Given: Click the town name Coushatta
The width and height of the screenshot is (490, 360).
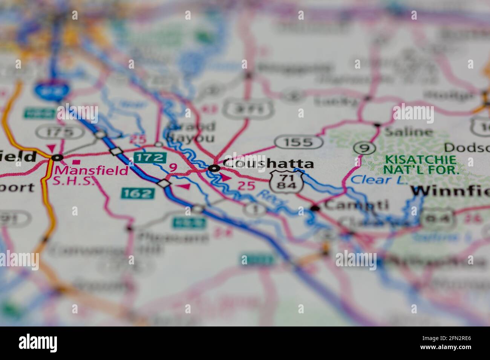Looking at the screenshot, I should pyautogui.click(x=268, y=164).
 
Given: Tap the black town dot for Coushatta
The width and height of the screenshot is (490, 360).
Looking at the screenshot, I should pyautogui.click(x=214, y=168).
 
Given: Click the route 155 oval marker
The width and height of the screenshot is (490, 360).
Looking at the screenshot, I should pyautogui.click(x=299, y=142).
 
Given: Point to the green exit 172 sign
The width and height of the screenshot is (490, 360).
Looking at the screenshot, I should pyautogui.click(x=151, y=157).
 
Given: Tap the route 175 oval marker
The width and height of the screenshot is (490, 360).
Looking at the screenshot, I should pyautogui.click(x=60, y=132).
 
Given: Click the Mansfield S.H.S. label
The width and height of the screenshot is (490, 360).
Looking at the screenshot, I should pyautogui.click(x=92, y=175).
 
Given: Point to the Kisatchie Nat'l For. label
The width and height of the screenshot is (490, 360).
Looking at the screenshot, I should pyautogui.click(x=420, y=165).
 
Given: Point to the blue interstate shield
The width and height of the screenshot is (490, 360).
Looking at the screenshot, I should pyautogui.click(x=52, y=90).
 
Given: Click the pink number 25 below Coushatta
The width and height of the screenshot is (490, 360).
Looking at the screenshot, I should pyautogui.click(x=246, y=186).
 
